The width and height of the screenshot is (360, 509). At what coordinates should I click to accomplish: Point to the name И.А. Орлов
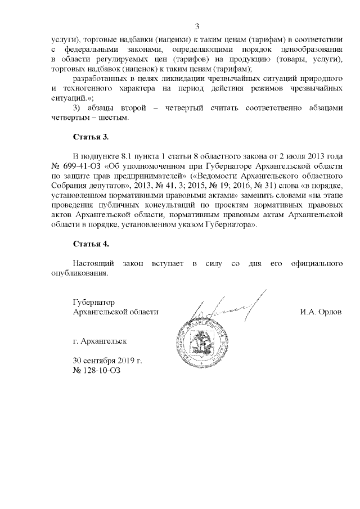(321, 312)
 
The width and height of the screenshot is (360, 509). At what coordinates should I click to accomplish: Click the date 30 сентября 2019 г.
(107, 361)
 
